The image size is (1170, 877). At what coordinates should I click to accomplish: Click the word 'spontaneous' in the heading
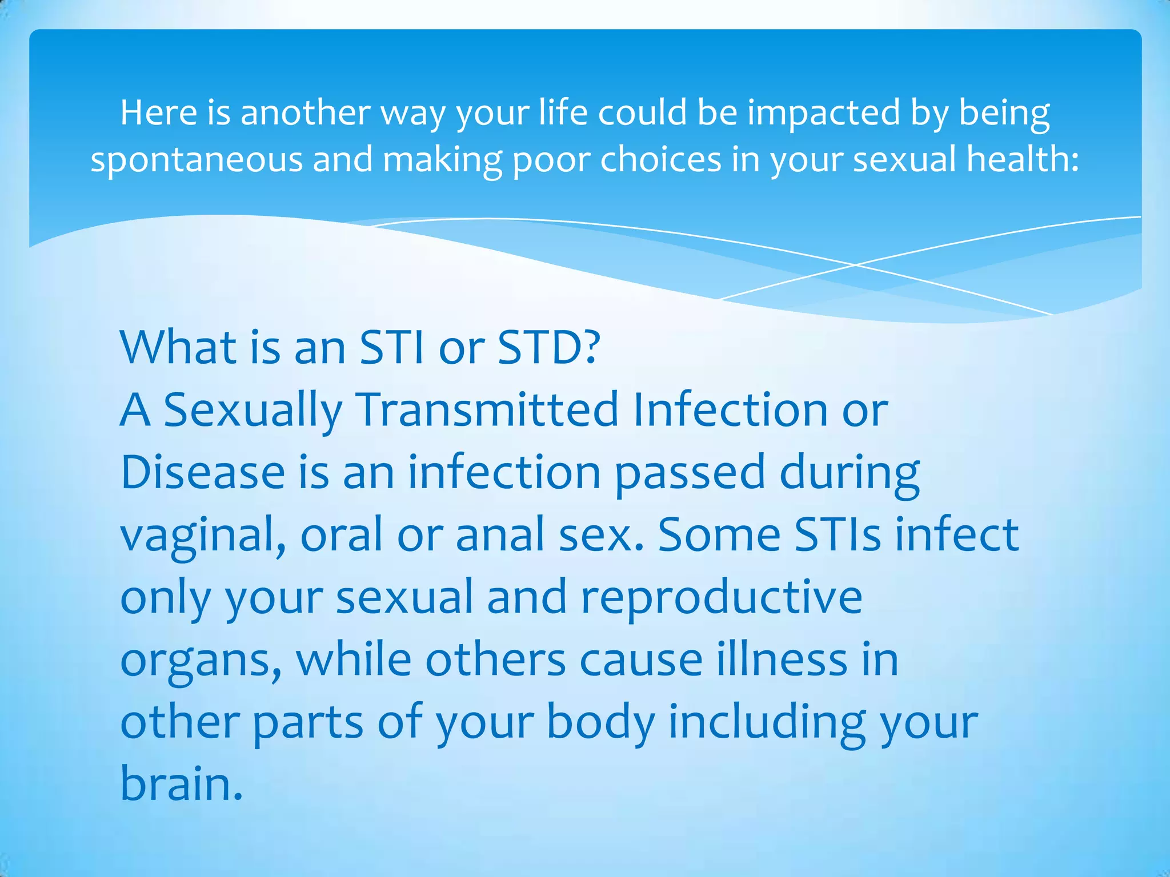(x=197, y=160)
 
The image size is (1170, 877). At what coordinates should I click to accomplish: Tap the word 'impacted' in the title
(x=823, y=113)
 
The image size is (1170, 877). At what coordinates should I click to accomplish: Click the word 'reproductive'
(x=721, y=598)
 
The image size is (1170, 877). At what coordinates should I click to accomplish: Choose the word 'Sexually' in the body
(x=253, y=411)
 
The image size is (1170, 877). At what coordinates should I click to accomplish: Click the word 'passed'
(x=690, y=474)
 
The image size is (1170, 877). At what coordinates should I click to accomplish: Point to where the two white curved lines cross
(x=855, y=265)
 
